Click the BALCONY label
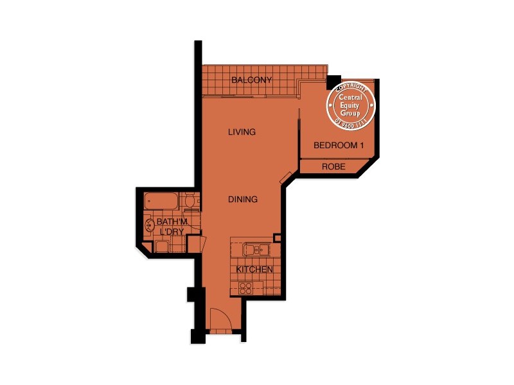point(252,80)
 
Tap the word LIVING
point(242,132)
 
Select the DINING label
point(243,200)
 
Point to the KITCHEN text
point(255,269)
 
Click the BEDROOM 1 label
point(339,146)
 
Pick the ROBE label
point(334,167)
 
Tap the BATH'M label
point(172,222)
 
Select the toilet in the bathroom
point(189,203)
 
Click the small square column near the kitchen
point(278,238)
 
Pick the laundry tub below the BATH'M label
point(161,248)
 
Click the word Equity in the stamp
point(351,105)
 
